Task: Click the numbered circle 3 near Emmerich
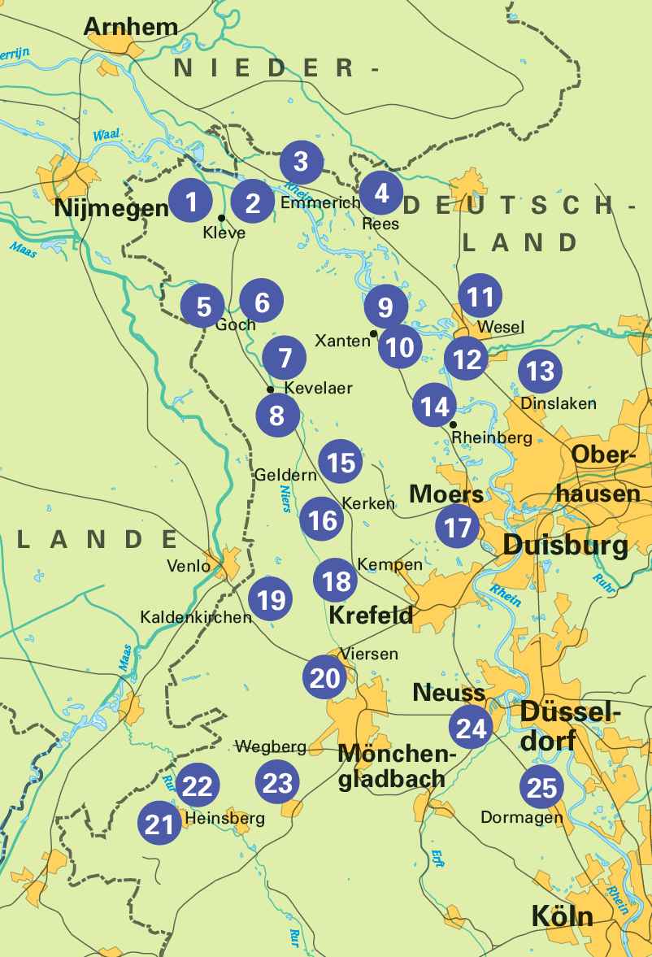[x=302, y=162]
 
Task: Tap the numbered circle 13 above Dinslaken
[x=540, y=372]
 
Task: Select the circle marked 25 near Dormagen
[x=541, y=787]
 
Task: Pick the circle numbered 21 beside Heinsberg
[x=159, y=824]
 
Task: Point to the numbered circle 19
[x=271, y=599]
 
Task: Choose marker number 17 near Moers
[x=458, y=528]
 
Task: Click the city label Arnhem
[x=130, y=26]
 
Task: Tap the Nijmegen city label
[x=111, y=209]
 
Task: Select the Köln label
[x=562, y=916]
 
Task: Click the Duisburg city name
[x=565, y=545]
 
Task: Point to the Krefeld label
[x=371, y=616]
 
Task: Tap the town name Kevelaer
[x=318, y=388]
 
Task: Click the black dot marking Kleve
[x=221, y=217]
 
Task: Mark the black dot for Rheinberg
[x=453, y=424]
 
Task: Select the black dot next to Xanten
[x=373, y=333]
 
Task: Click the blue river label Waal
[x=106, y=136]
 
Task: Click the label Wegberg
[x=270, y=746]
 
